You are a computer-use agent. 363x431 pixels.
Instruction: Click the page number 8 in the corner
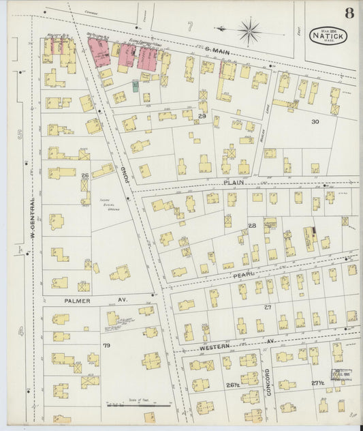click(349, 13)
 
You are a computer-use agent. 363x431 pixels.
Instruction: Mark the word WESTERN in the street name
click(214, 348)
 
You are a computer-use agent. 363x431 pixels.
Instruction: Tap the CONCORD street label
click(268, 383)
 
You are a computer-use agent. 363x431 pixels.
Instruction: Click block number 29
click(202, 117)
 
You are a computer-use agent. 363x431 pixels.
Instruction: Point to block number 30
click(314, 121)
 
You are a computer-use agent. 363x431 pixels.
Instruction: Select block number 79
click(106, 346)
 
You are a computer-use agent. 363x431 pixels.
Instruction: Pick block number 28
click(251, 225)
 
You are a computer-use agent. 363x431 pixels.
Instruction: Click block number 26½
click(232, 385)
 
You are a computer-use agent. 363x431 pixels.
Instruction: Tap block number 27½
click(317, 383)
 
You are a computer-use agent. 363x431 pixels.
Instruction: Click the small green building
click(136, 85)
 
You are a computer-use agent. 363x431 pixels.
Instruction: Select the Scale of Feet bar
click(138, 404)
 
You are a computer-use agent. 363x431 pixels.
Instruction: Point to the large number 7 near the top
click(191, 26)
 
